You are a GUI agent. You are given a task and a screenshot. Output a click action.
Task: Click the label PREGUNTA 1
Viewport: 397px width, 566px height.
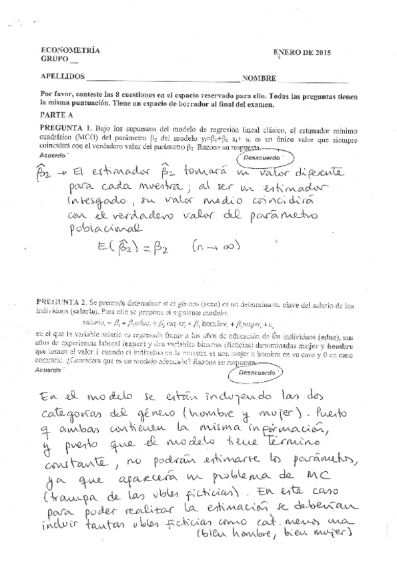65,127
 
